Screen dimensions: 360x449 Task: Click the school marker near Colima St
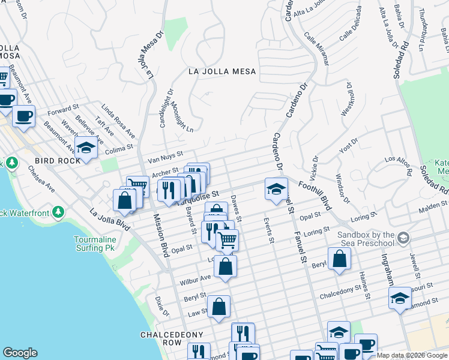(x=86, y=148)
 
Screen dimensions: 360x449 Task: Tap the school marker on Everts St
(x=276, y=189)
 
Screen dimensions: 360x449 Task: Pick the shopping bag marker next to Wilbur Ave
(x=225, y=267)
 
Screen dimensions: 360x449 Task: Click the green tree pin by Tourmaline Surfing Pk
(x=58, y=212)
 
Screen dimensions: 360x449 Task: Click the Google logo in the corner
(x=20, y=353)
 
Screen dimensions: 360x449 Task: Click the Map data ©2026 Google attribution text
(x=412, y=355)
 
